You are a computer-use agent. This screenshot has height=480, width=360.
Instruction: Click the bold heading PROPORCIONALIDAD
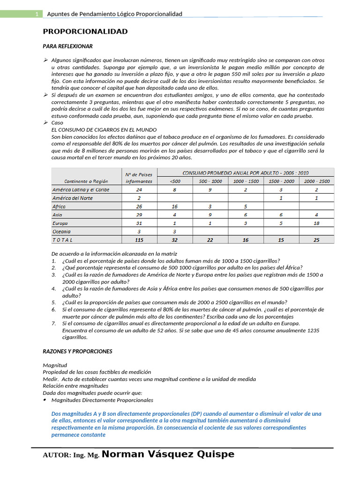[x=85, y=31]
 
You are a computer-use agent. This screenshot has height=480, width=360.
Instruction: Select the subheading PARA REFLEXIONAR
[x=67, y=46]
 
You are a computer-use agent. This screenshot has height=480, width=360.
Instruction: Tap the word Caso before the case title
[x=57, y=122]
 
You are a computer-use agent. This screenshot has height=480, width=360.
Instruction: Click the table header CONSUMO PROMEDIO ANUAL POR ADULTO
[x=245, y=172]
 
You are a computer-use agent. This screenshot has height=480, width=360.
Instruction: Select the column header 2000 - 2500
[x=317, y=181]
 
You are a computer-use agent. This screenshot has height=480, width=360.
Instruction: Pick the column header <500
[x=174, y=181]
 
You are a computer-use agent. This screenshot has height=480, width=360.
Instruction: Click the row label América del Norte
[x=72, y=198]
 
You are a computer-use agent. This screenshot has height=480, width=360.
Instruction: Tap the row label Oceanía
[x=61, y=232]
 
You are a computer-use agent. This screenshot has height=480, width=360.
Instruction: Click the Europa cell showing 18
[x=317, y=224]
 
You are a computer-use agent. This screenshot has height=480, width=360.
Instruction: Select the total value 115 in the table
[x=139, y=240]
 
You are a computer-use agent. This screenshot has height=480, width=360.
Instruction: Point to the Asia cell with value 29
[x=139, y=215]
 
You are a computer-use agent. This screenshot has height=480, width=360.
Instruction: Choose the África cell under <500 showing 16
[x=174, y=207]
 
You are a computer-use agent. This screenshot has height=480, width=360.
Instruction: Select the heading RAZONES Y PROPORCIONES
[x=77, y=351]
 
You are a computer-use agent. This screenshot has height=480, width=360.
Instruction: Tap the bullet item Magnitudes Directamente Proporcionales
[x=102, y=400]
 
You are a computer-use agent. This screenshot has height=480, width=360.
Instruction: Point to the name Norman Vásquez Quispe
[x=168, y=454]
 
